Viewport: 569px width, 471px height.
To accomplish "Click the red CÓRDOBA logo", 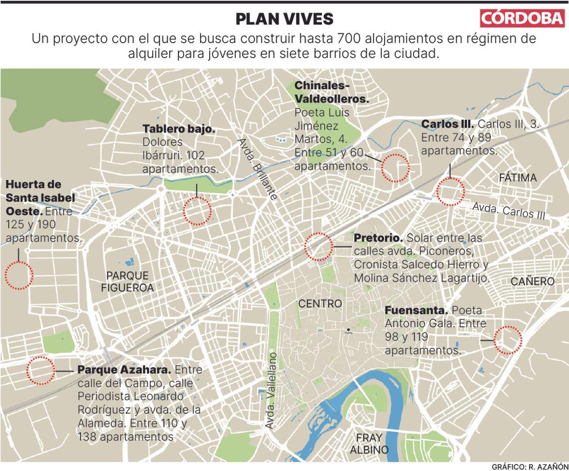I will click(523, 19).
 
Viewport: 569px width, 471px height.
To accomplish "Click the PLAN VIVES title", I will click(284, 19).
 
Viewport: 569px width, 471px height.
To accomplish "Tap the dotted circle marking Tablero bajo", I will click(197, 211).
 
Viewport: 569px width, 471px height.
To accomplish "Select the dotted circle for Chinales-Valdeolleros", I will click(395, 168).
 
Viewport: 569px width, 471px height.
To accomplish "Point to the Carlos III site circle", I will click(450, 191).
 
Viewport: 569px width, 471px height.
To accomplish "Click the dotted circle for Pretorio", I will click(318, 246).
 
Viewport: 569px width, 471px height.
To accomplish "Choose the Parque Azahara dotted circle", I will click(40, 370).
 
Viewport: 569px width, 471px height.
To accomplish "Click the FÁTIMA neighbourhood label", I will click(518, 178).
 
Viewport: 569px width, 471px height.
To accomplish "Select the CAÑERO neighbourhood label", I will click(532, 282).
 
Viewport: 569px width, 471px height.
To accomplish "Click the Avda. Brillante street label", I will click(257, 170).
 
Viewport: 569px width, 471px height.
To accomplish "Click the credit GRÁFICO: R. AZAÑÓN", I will click(529, 466).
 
